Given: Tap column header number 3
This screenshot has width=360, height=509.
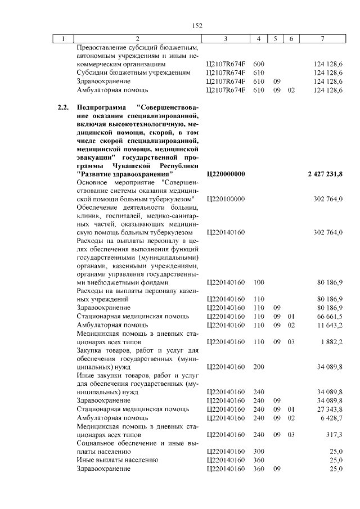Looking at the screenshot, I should click(225, 39).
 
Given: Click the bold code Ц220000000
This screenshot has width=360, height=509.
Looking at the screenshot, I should click(226, 174).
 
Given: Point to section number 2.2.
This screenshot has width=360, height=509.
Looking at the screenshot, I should click(63, 107).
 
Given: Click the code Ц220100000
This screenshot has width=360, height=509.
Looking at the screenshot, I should click(226, 199).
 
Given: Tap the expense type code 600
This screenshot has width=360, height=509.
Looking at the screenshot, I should click(259, 65).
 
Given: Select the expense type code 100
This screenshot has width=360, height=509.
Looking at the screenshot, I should click(259, 282).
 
